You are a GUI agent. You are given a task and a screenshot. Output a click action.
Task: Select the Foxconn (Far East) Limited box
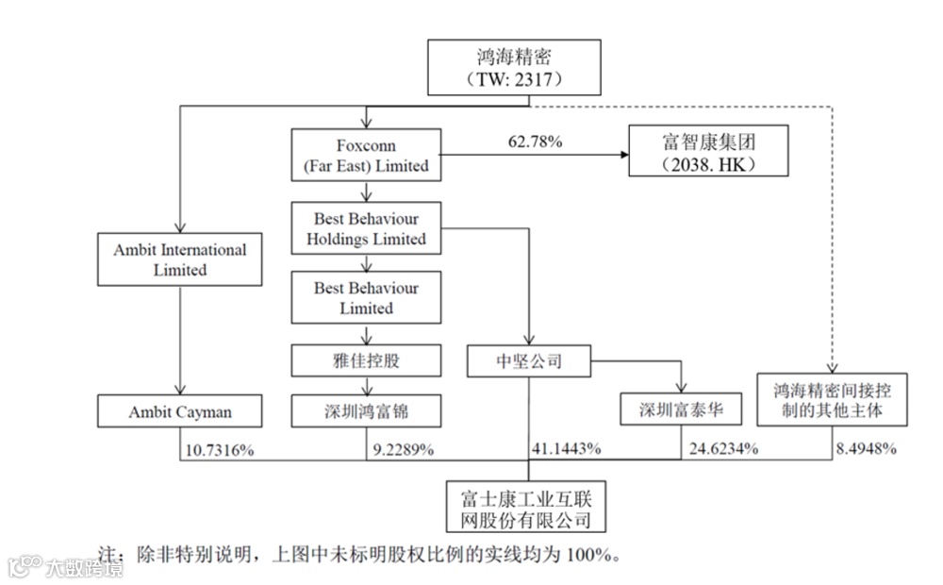pyautogui.click(x=366, y=156)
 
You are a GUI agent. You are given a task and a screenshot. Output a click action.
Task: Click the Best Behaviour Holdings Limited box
pyautogui.click(x=366, y=228)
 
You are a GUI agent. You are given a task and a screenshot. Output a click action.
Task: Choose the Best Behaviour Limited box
pyautogui.click(x=366, y=297)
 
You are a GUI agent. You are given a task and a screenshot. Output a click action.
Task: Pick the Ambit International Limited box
pyautogui.click(x=179, y=259)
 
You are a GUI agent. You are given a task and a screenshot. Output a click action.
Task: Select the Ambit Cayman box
pyautogui.click(x=179, y=412)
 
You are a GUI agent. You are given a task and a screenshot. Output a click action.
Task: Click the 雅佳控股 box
pyautogui.click(x=366, y=359)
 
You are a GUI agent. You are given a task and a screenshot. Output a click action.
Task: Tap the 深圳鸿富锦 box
pyautogui.click(x=366, y=412)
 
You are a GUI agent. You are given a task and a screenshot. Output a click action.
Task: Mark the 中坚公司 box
pyautogui.click(x=528, y=359)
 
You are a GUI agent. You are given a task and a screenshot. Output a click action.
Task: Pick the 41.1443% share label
pyautogui.click(x=566, y=450)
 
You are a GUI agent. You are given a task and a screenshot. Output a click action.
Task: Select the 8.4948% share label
pyautogui.click(x=864, y=450)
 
